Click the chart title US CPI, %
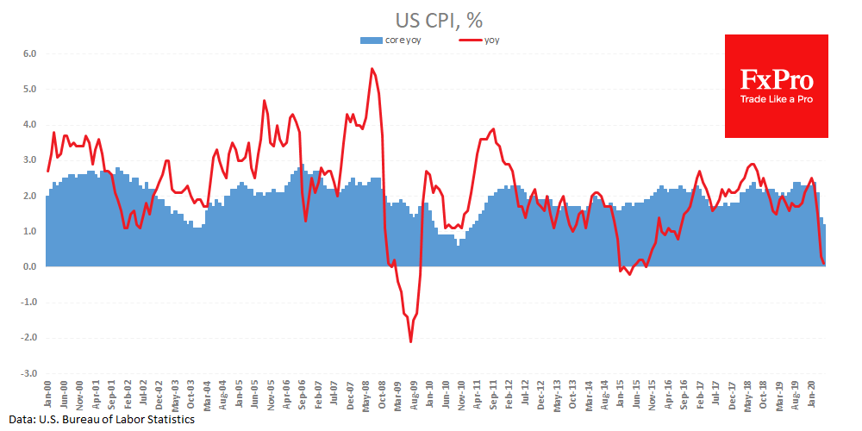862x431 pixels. point(431,18)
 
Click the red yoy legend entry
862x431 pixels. point(479,40)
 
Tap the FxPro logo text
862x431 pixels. point(776,81)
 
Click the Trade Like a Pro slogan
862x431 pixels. point(776,99)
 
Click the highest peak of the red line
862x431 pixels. point(372,68)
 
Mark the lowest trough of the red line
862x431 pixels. point(410,342)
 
